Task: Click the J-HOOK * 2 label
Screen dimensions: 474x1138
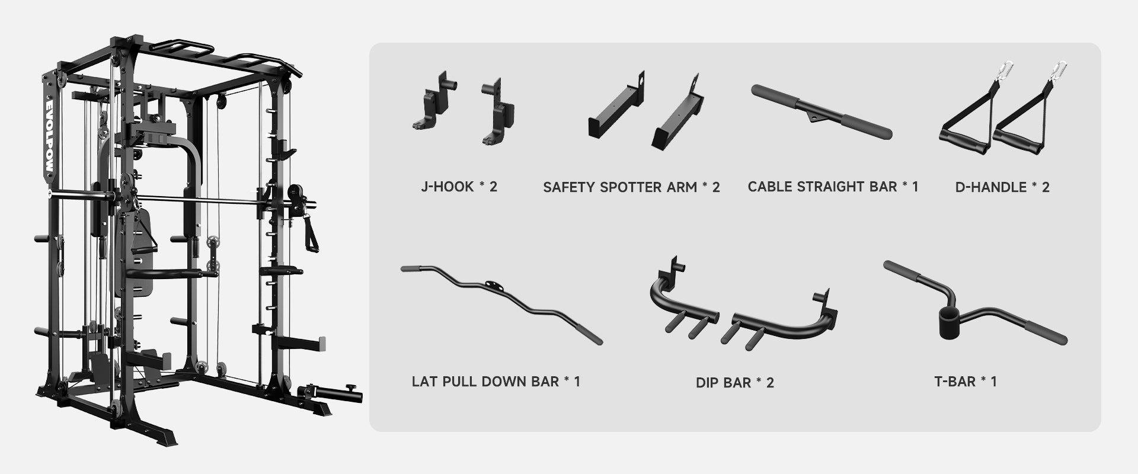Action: (x=459, y=187)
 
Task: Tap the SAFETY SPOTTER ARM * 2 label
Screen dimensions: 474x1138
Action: (x=631, y=187)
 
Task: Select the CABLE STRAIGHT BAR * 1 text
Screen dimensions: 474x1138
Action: (x=833, y=187)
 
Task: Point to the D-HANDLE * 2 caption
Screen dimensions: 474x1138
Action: (x=1002, y=187)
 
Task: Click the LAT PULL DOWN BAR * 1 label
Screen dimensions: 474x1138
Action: (x=496, y=381)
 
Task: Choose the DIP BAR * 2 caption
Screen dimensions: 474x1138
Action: (x=734, y=382)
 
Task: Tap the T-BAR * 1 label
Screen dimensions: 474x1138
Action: (x=965, y=381)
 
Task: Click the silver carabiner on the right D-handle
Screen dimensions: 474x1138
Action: (x=1057, y=72)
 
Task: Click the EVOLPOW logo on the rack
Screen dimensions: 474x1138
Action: (x=49, y=136)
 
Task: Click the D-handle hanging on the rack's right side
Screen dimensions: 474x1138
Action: (x=309, y=234)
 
